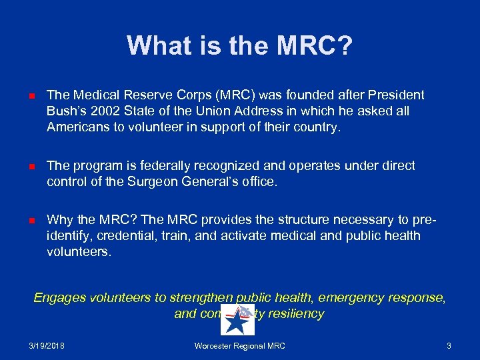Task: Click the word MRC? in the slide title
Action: tap(315, 46)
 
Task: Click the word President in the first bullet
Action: tap(398, 95)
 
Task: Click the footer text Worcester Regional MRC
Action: tap(239, 346)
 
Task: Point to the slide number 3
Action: tap(449, 346)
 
